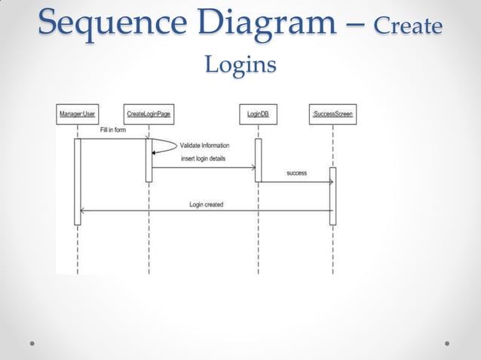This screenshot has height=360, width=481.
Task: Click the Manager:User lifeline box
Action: (77, 114)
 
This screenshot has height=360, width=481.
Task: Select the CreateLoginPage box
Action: (149, 114)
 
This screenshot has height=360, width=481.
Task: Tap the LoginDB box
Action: (258, 114)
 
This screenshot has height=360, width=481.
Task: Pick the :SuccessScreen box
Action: (332, 114)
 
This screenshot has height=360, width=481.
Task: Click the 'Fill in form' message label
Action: (113, 130)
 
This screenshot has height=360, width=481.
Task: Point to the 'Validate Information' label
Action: (205, 145)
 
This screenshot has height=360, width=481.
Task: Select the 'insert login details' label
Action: (202, 159)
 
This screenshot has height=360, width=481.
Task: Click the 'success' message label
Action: (296, 173)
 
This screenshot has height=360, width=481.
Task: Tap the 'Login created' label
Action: (206, 204)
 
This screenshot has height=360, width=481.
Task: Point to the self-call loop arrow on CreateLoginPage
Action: (167, 146)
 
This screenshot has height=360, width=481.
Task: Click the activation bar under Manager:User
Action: (77, 181)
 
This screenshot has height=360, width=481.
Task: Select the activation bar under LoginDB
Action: (258, 160)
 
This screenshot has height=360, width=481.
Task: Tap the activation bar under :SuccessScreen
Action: (332, 196)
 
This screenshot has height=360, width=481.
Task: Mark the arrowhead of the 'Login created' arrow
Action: (82, 211)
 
